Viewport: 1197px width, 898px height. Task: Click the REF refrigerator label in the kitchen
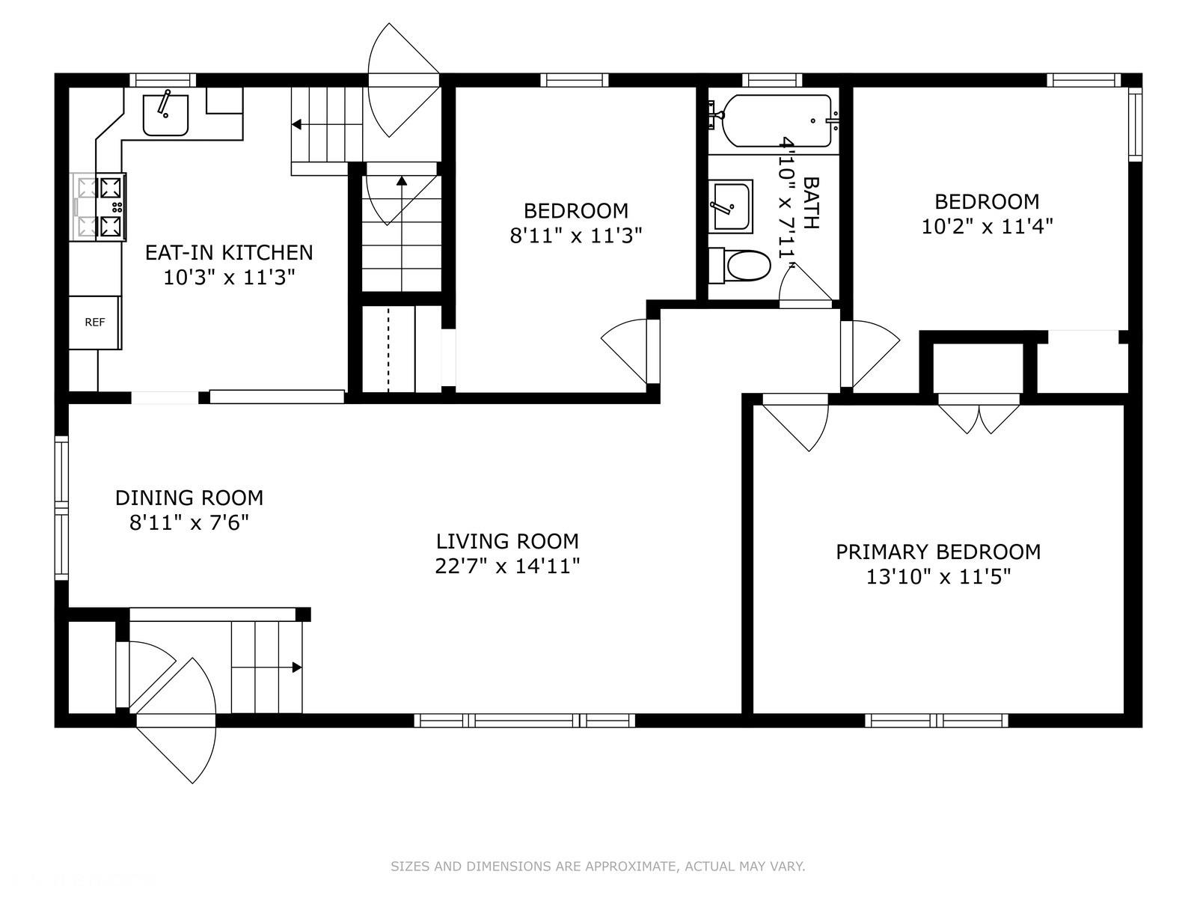[x=94, y=323]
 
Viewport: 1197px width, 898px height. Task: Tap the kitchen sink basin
[x=166, y=115]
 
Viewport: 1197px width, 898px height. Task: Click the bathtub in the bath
[x=777, y=121]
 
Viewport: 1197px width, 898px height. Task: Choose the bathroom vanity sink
[x=731, y=207]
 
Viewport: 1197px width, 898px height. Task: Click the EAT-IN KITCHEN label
[x=229, y=252]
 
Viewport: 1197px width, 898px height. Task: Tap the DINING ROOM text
[x=189, y=498]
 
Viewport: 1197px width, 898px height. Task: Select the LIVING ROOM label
[x=507, y=541]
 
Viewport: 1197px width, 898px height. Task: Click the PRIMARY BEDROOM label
[x=938, y=552]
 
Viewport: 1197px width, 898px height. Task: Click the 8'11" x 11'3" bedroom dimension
[x=576, y=236]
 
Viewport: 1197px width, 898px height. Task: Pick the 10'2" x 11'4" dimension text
[x=987, y=226]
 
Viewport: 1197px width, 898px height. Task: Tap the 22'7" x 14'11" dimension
[x=507, y=566]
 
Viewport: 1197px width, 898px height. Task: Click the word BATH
[x=811, y=203]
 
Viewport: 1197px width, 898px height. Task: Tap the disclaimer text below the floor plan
[x=598, y=866]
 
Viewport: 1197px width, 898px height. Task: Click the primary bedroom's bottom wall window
[x=937, y=721]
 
